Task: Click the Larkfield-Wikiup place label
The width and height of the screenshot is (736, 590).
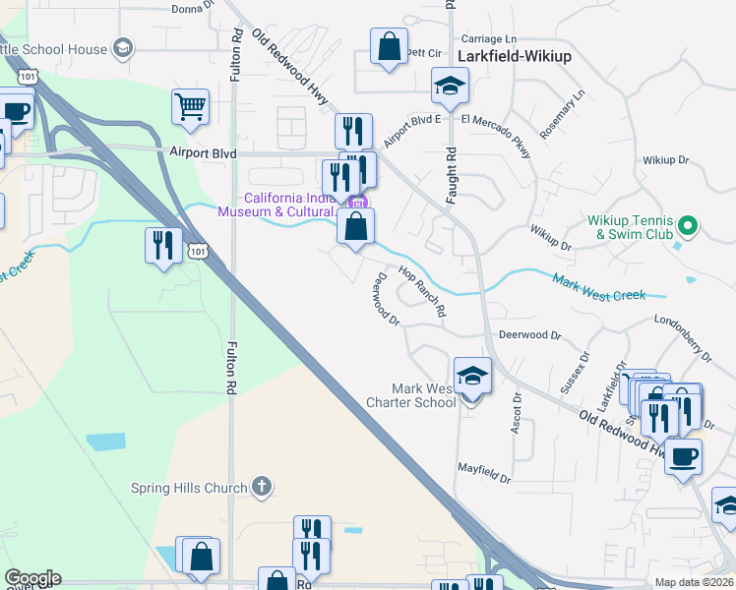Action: click(x=515, y=56)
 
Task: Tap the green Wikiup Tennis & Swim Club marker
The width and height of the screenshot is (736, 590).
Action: click(x=689, y=227)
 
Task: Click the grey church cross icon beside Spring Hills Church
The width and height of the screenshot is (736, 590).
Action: click(x=261, y=485)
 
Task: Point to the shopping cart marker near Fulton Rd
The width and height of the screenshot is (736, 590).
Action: click(x=190, y=108)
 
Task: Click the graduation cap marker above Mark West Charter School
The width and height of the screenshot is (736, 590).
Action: click(x=472, y=376)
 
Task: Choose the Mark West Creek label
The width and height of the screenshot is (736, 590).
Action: click(x=598, y=287)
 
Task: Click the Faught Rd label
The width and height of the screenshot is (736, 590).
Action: click(x=452, y=175)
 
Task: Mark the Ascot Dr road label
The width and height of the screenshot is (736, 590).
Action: click(x=516, y=415)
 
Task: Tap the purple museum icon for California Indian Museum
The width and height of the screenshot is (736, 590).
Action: click(x=357, y=204)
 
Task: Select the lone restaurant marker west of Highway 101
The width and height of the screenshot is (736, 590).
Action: click(x=163, y=245)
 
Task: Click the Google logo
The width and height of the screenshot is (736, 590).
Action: click(x=32, y=578)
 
